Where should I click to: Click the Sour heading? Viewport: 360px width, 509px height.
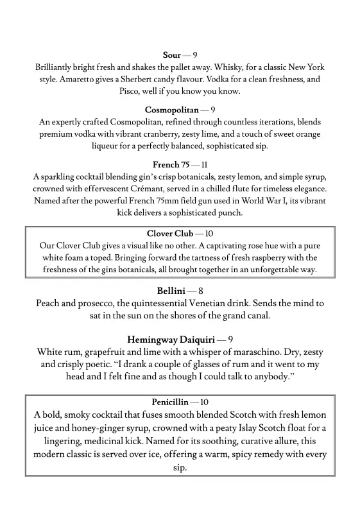pyautogui.click(x=172, y=56)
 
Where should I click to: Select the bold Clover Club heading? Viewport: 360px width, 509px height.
pyautogui.click(x=169, y=234)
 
